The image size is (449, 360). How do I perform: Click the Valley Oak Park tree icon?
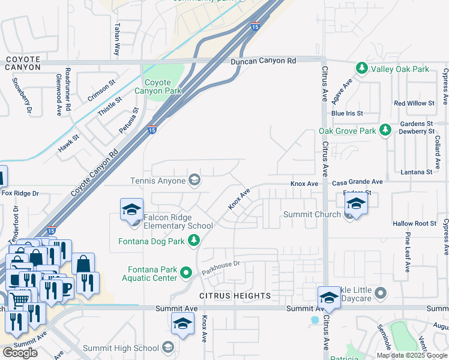(362, 69)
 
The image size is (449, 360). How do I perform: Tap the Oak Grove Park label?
(347, 131)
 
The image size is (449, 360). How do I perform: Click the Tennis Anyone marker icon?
(194, 180)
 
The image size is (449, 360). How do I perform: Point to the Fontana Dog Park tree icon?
(193, 241)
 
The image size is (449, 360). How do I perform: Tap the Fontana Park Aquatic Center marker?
(186, 274)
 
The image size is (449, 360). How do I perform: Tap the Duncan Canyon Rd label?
(264, 61)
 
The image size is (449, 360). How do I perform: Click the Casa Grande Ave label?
(357, 182)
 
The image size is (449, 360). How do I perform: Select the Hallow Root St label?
(414, 223)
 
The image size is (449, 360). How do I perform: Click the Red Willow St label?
(414, 103)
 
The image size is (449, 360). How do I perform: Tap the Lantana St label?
(416, 172)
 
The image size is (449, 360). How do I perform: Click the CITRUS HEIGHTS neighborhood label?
(235, 296)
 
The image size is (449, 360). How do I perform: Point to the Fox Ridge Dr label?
(20, 193)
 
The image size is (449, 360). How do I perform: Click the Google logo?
(20, 353)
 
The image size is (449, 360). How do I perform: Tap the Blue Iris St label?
(347, 113)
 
